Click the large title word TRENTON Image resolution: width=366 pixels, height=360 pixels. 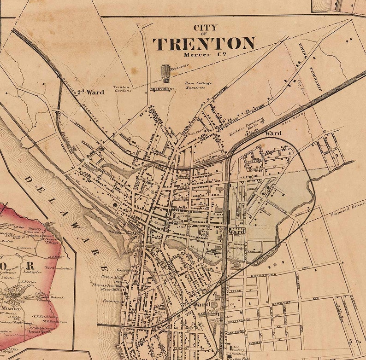[x=204, y=44]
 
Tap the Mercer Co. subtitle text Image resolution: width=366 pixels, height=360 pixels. [x=203, y=55]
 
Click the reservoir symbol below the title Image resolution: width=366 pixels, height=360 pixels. [x=165, y=72]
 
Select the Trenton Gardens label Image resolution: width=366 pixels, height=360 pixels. [x=123, y=88]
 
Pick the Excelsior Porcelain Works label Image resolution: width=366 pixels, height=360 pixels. [x=246, y=127]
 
